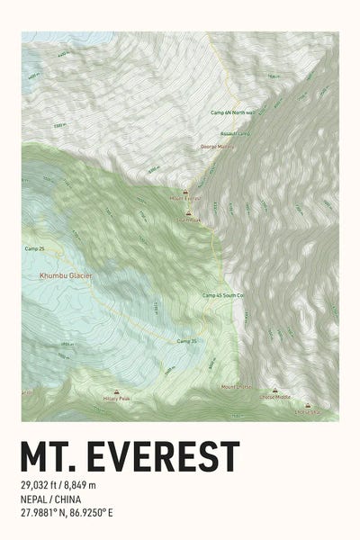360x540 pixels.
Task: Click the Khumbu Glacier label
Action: [66, 275]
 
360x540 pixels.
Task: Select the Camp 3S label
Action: [186, 341]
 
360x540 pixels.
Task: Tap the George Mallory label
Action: [218, 146]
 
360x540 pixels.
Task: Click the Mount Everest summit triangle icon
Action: [185, 191]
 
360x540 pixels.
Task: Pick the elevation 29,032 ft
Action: [43, 486]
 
